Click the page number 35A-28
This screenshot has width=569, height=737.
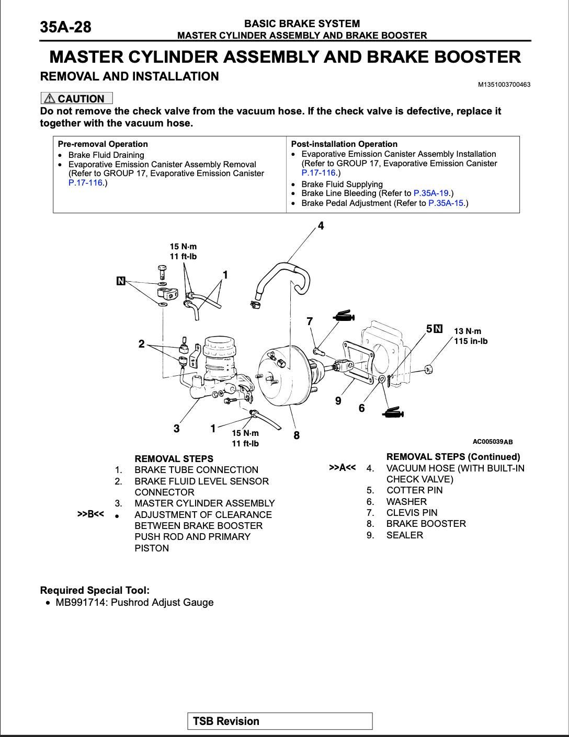click(x=66, y=27)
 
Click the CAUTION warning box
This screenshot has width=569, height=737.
click(x=76, y=98)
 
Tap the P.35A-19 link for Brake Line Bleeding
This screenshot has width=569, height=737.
click(x=431, y=193)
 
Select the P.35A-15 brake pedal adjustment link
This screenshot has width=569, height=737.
click(x=446, y=203)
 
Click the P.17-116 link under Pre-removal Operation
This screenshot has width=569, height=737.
click(x=86, y=182)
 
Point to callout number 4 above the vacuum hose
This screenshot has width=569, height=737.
click(x=321, y=226)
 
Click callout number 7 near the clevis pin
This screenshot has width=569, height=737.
click(x=310, y=321)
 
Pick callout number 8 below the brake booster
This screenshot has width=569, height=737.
click(x=297, y=435)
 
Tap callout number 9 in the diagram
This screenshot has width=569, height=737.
click(x=338, y=401)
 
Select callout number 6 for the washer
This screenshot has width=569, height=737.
click(x=361, y=408)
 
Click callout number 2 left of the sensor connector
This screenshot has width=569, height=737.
click(x=141, y=344)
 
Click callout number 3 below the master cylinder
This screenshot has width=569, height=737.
click(x=177, y=429)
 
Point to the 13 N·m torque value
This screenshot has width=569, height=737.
click(x=468, y=331)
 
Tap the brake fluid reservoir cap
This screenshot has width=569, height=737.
click(x=221, y=344)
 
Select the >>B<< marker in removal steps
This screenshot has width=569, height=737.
click(x=90, y=514)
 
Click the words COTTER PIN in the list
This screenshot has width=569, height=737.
click(x=414, y=490)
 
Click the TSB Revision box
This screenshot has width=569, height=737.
click(x=280, y=721)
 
